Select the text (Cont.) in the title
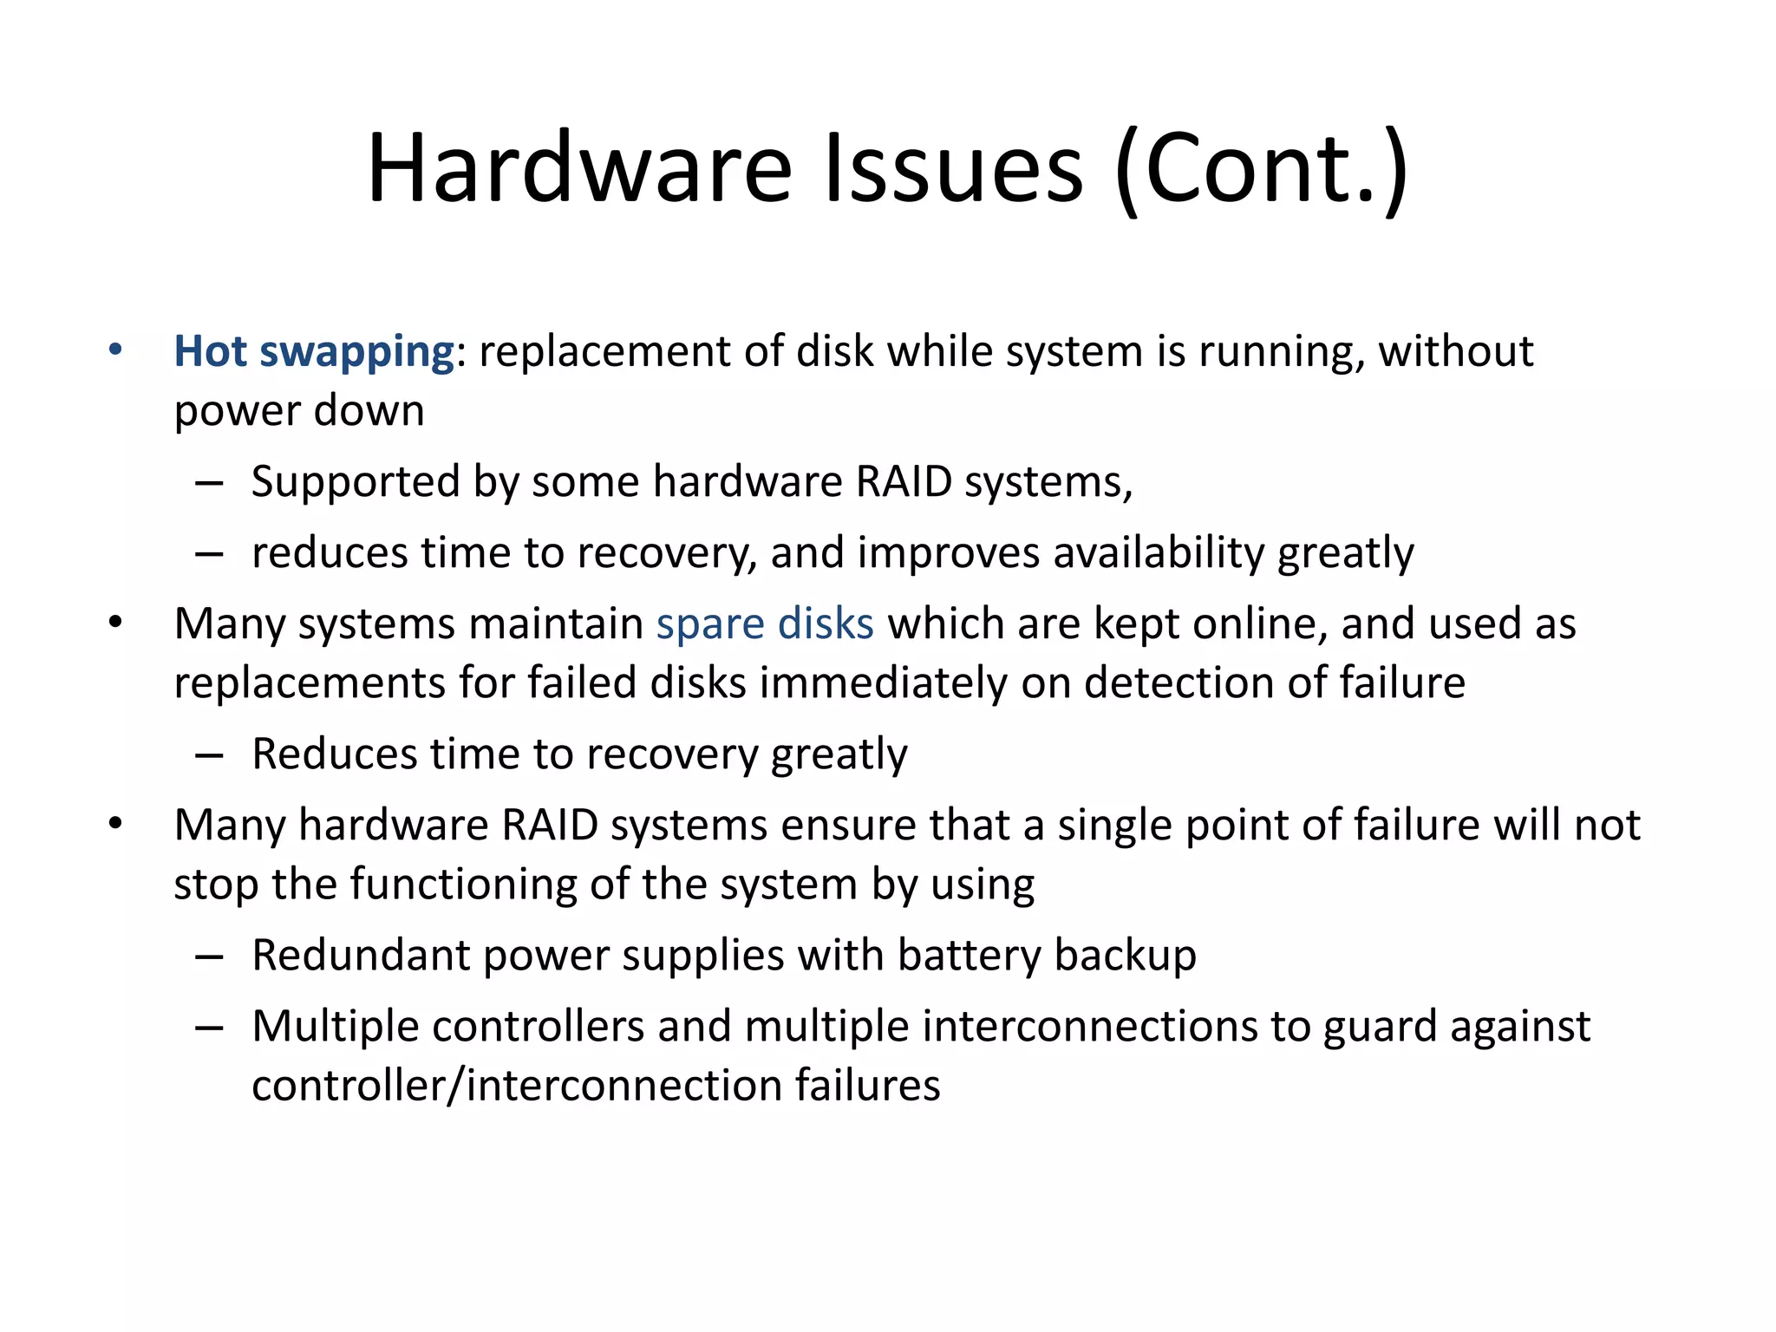tap(1262, 168)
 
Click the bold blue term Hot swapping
tap(314, 352)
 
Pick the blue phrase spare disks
tap(765, 624)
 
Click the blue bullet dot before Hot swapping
tap(115, 350)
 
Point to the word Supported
tap(355, 482)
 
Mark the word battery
tap(969, 956)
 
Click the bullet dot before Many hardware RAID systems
tap(115, 824)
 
